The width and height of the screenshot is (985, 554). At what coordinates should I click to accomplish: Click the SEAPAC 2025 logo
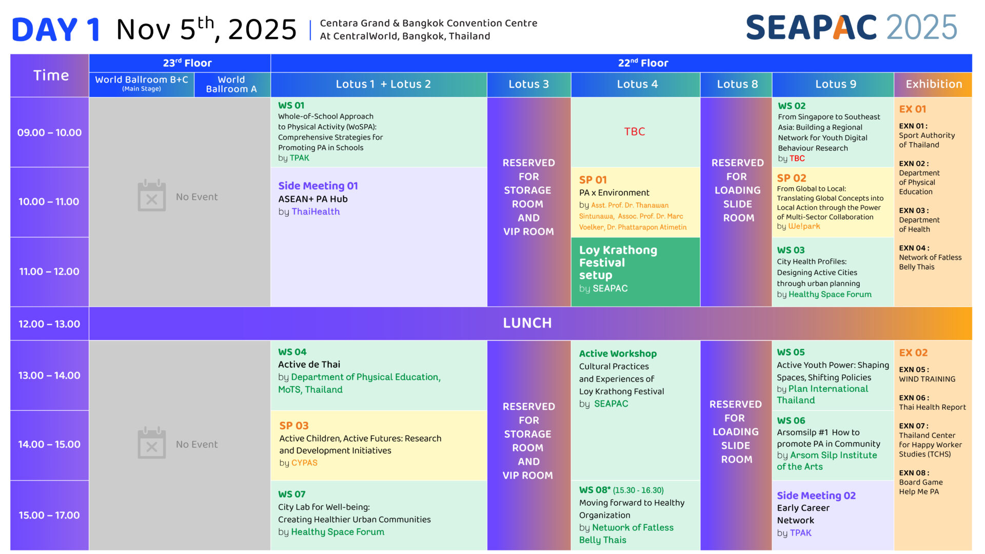coord(852,27)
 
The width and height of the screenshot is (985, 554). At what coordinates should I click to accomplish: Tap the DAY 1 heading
coord(56,30)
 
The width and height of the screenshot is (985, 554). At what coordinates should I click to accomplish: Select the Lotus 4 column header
coord(637,84)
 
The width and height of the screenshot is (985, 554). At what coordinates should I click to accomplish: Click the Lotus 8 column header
coord(737,84)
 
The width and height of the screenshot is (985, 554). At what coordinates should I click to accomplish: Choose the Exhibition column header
coord(934,84)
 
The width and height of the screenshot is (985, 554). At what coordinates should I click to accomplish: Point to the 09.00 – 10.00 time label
coord(49,132)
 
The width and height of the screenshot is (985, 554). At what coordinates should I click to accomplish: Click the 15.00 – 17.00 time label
coord(49,515)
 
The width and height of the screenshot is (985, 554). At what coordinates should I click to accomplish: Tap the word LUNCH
coord(527,323)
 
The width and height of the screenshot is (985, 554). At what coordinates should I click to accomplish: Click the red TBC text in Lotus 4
coord(635,131)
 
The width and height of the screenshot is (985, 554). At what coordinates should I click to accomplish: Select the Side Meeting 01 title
coord(318,186)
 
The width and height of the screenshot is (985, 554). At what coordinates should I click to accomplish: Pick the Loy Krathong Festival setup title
coord(618,262)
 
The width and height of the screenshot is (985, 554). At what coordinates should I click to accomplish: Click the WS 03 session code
coord(791,250)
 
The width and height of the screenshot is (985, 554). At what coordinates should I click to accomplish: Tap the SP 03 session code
coord(294,426)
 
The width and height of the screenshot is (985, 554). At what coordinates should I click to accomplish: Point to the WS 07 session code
coord(291,494)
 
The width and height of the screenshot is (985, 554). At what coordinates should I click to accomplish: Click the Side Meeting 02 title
coord(816,495)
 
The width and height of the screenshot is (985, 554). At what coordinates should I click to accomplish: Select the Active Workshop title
coord(618,354)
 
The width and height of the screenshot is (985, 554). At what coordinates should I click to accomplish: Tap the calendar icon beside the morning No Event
coord(152,196)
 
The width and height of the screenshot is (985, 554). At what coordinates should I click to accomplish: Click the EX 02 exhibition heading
coord(913,353)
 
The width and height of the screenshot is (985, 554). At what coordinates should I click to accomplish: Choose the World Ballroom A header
coord(231,84)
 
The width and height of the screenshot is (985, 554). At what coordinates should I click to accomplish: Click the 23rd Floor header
coord(187,63)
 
